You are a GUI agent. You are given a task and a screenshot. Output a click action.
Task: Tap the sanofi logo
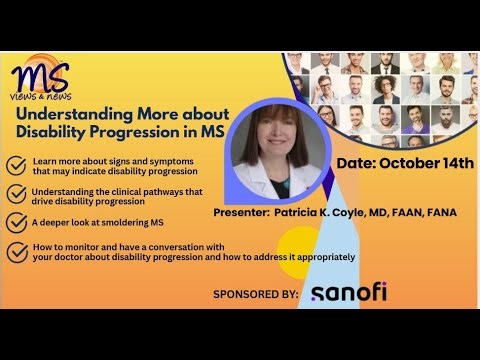(x=348, y=293)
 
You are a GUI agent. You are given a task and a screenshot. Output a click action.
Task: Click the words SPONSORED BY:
(x=256, y=294)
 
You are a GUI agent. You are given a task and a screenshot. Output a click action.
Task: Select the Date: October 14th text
(x=405, y=163)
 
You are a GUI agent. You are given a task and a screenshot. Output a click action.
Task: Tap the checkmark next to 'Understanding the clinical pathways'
(x=17, y=194)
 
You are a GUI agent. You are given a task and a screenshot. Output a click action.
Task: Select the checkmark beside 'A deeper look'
(x=17, y=222)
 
